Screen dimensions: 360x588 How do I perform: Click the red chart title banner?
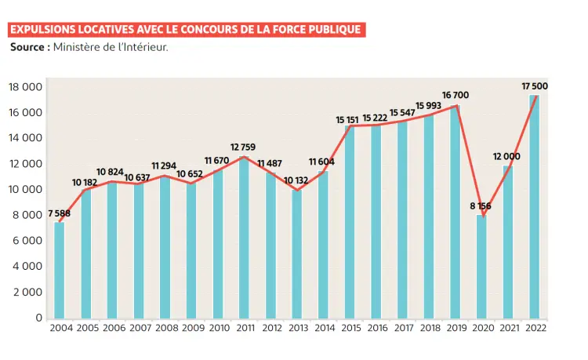point(187,30)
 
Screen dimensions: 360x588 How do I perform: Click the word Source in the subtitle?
point(29,48)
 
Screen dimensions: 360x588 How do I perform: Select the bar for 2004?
point(60,270)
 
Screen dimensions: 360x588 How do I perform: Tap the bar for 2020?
point(481,266)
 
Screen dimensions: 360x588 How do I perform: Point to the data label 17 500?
point(535,85)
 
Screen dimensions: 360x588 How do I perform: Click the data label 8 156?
point(481,205)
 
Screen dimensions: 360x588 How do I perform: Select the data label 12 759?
point(243,147)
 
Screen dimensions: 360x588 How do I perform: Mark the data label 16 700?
point(456,95)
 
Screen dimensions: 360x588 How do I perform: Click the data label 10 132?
point(296,180)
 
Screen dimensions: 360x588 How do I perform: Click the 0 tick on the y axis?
point(38,318)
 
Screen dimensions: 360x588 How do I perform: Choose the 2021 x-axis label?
point(508,328)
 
